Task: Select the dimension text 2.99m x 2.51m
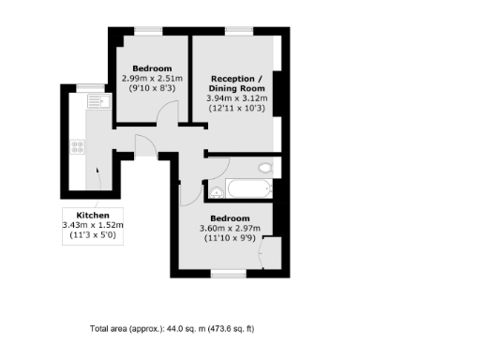tap(151, 80)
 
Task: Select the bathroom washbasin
tap(216, 193)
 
